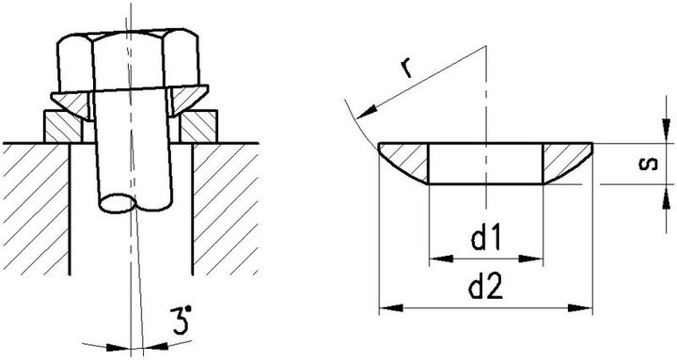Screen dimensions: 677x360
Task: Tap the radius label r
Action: coord(406,68)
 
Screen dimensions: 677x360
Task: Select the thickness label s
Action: coord(649,164)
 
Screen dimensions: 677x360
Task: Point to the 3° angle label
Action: coord(181,321)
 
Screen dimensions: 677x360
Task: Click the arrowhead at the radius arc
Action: coord(365,113)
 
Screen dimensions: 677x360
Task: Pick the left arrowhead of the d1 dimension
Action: coord(441,258)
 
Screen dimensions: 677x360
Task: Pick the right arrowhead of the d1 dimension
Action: coord(530,258)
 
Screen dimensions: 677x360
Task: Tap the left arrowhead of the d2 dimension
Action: coord(391,308)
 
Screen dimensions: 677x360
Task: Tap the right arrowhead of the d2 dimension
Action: coord(580,308)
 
